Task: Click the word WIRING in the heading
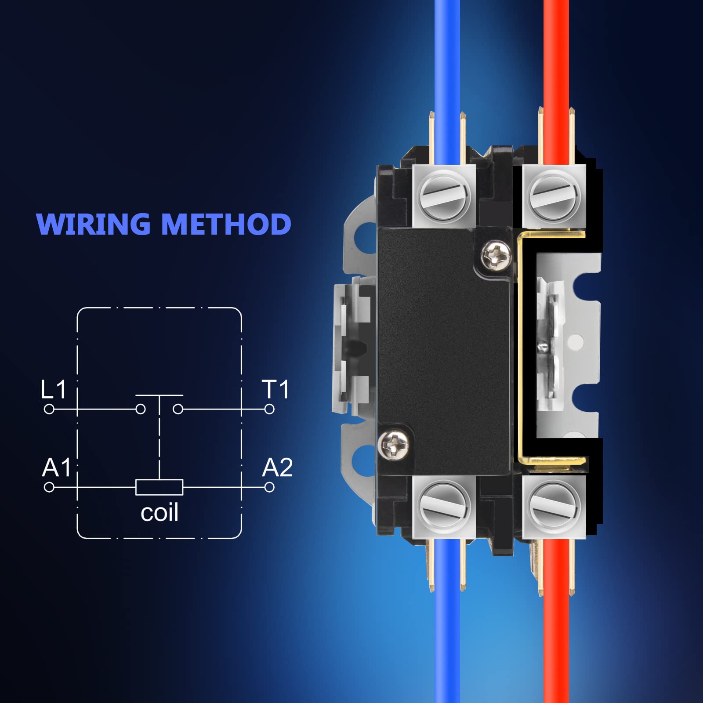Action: click(x=93, y=224)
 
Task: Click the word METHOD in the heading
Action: click(x=226, y=224)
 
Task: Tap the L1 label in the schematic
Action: click(x=53, y=389)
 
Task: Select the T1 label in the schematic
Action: click(x=275, y=389)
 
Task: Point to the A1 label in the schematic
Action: click(x=56, y=467)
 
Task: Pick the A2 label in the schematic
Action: click(x=277, y=467)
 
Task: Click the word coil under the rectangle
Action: click(x=159, y=513)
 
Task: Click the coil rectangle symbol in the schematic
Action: click(x=159, y=487)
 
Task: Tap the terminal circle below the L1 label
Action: click(x=49, y=409)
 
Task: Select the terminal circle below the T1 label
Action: click(x=269, y=409)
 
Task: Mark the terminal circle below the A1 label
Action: click(x=49, y=487)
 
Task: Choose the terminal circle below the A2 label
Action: click(x=269, y=487)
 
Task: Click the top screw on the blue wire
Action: click(x=445, y=194)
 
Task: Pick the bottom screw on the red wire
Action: click(x=554, y=506)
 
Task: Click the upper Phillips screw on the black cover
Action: click(x=496, y=254)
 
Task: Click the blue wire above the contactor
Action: click(x=447, y=66)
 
